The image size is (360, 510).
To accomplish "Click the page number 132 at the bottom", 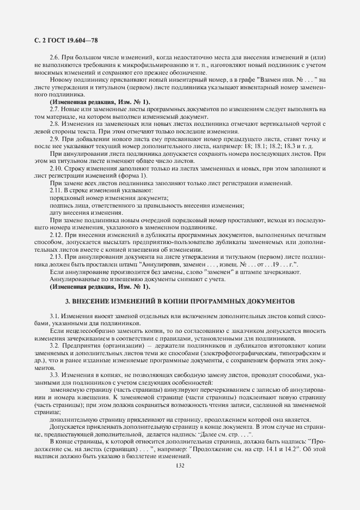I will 180,465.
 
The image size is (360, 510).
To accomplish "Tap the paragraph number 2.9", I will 56,139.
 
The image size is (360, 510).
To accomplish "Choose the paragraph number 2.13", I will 57,256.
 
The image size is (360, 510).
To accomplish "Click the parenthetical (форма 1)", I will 133,175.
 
